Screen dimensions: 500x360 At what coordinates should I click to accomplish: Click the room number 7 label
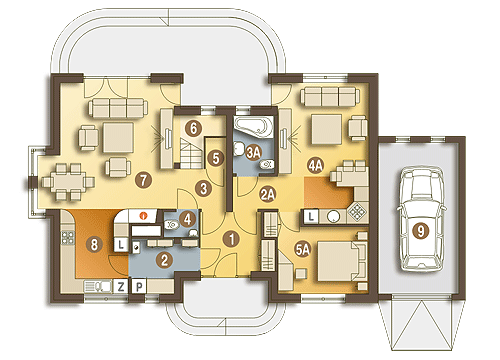click(144, 180)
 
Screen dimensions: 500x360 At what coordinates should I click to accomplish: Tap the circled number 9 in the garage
click(420, 231)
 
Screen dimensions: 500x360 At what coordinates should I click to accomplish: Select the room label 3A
click(253, 152)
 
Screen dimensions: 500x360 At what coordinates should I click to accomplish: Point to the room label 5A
click(303, 249)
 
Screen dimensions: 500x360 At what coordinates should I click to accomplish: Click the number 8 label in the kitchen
click(94, 245)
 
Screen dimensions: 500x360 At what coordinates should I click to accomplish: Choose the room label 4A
click(315, 166)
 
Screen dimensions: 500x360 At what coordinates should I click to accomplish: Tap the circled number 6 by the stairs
click(194, 128)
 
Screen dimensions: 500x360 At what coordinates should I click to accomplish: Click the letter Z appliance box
click(121, 287)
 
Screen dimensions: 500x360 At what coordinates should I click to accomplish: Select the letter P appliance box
click(139, 287)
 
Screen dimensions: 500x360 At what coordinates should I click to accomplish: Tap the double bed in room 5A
click(341, 261)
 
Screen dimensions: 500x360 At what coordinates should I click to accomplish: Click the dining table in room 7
click(68, 182)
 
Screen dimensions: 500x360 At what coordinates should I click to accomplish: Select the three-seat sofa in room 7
click(118, 108)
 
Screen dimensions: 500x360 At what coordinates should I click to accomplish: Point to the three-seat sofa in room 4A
click(330, 96)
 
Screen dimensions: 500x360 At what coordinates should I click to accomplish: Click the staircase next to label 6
click(191, 153)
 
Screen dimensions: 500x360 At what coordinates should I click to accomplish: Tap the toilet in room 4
click(172, 225)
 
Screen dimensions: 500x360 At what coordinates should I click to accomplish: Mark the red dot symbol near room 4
click(143, 216)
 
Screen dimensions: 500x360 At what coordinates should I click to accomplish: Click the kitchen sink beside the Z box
click(97, 287)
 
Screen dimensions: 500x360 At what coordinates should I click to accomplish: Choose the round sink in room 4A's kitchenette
click(333, 217)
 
